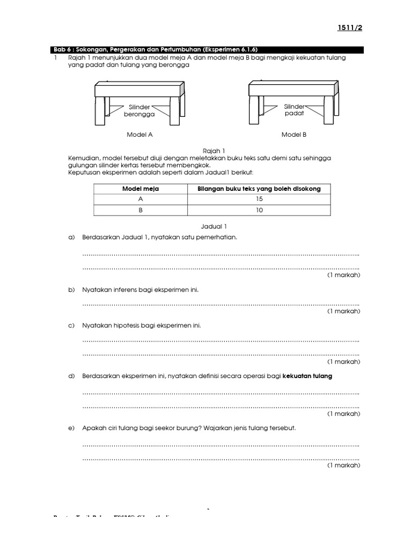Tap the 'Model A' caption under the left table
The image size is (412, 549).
[139, 135]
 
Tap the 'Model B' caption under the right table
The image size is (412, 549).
[294, 135]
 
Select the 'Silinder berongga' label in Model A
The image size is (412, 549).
[139, 111]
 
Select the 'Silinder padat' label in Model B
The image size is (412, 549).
[294, 110]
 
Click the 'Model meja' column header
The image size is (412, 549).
[141, 189]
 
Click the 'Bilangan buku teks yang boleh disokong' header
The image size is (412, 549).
[259, 189]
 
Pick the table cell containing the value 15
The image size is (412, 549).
[259, 199]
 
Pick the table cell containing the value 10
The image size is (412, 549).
[259, 210]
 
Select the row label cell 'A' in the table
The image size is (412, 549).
[141, 199]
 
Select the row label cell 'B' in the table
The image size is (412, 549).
[141, 210]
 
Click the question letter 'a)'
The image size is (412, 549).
[71, 237]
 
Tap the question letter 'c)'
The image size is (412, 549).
[71, 325]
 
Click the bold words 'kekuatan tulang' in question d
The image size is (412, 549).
[307, 376]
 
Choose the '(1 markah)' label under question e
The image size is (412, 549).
[344, 466]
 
